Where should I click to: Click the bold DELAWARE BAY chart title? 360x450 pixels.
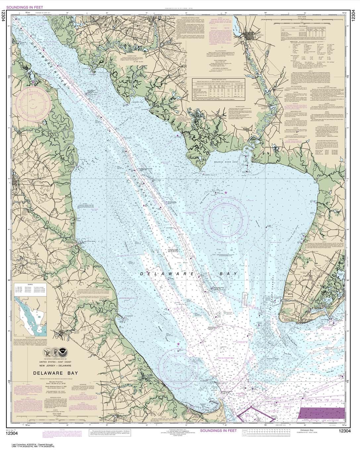[55, 373]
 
